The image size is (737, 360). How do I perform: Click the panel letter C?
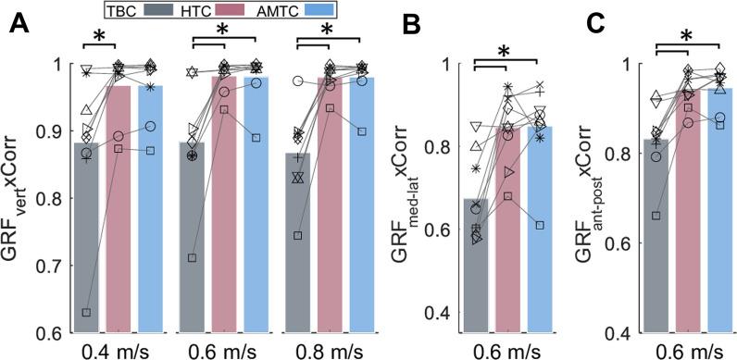(600, 24)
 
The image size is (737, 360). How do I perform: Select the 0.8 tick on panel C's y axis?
(614, 154)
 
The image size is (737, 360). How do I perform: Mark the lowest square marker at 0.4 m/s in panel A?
(86, 313)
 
